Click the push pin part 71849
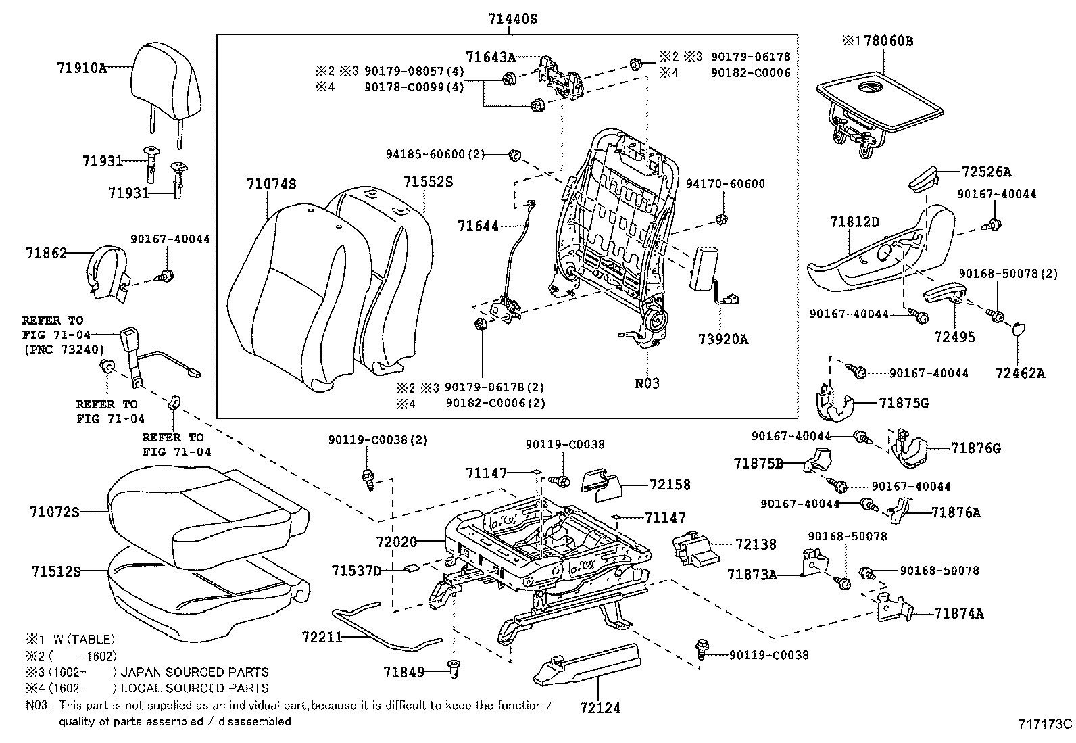[454, 669]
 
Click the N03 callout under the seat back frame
[647, 383]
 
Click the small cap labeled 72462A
[1018, 330]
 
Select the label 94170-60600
[725, 184]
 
